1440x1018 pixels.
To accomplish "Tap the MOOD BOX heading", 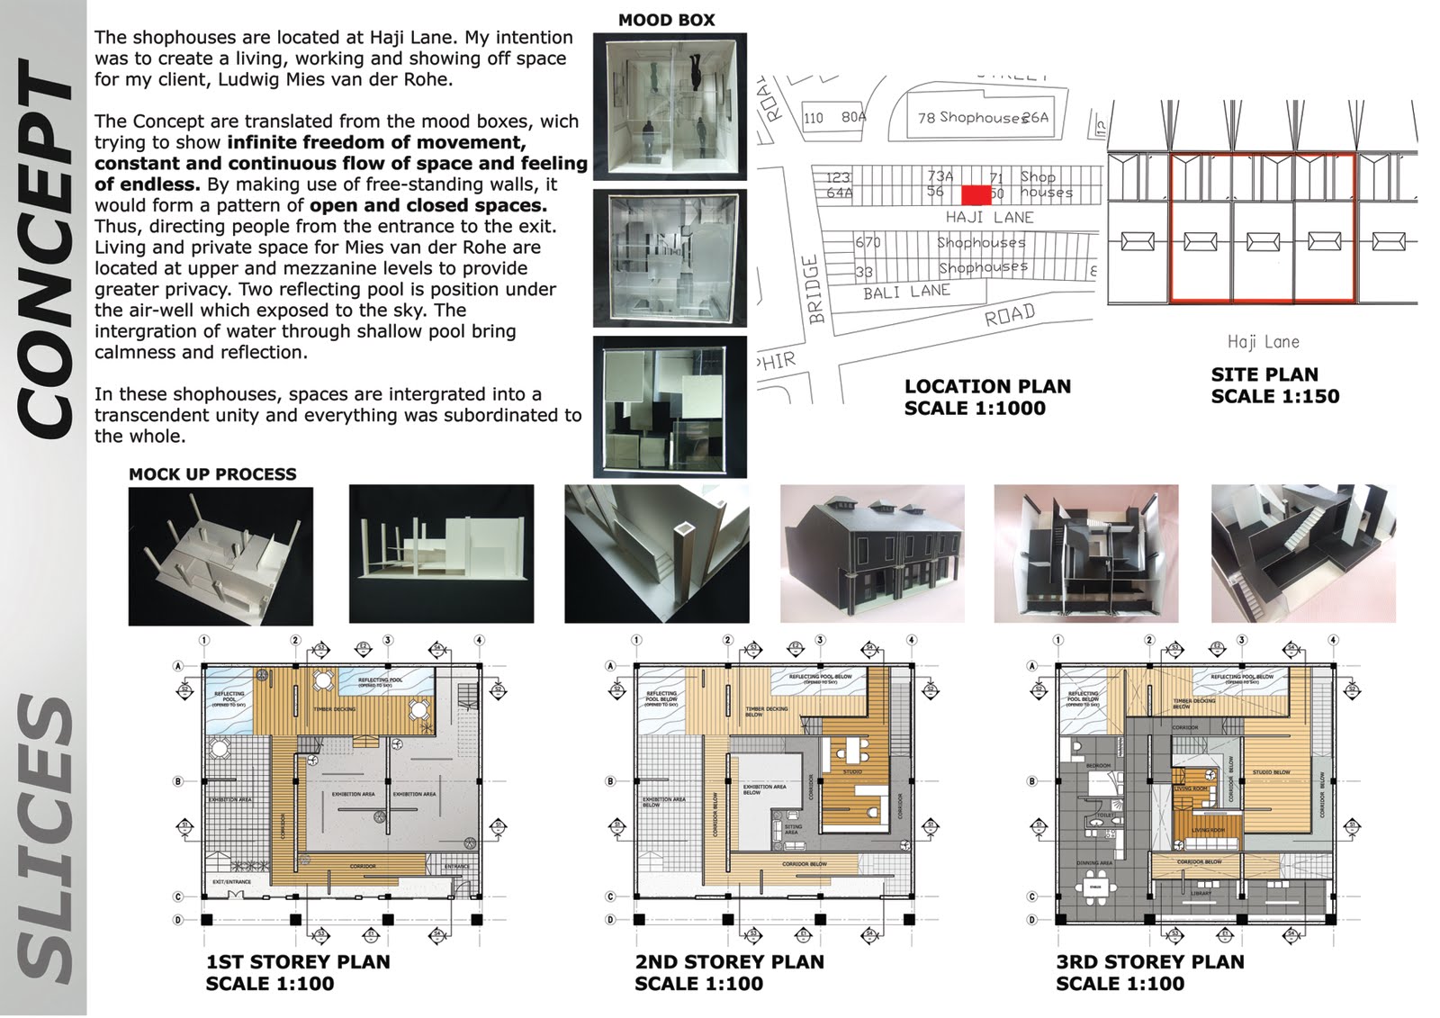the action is point(666,20).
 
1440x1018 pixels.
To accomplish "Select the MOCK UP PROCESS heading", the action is point(212,474).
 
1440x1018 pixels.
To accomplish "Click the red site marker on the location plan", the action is point(976,194).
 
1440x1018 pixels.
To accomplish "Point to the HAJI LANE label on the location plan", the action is point(989,218).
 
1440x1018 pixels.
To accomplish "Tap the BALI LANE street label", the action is point(906,292).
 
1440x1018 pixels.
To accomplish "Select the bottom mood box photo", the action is point(670,406).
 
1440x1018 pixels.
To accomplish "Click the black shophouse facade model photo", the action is point(872,554).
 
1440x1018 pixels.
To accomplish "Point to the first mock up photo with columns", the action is point(220,555).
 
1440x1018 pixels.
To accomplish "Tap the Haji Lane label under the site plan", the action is point(1263,342).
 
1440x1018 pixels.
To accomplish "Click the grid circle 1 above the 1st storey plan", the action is point(205,641).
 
